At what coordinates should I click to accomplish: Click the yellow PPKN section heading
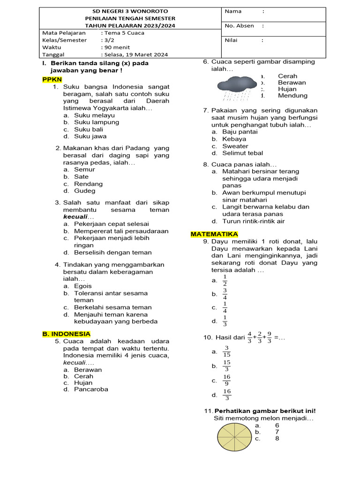(52, 80)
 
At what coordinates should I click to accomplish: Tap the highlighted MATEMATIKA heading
(214, 234)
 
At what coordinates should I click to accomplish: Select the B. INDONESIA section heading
(67, 334)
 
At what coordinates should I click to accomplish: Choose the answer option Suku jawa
(90, 136)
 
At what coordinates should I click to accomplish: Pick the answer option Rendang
(88, 184)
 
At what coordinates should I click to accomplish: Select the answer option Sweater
(235, 146)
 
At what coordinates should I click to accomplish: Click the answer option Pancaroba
(91, 389)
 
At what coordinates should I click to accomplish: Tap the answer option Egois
(83, 286)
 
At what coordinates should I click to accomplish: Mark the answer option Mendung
(292, 96)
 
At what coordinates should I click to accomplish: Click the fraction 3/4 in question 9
(225, 294)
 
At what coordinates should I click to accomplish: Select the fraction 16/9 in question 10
(227, 380)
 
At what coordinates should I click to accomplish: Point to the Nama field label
(233, 11)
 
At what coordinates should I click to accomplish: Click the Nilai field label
(231, 40)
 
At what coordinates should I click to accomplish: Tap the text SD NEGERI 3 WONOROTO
(130, 11)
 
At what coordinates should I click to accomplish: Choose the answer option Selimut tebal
(242, 153)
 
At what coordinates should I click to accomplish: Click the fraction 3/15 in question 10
(226, 351)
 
